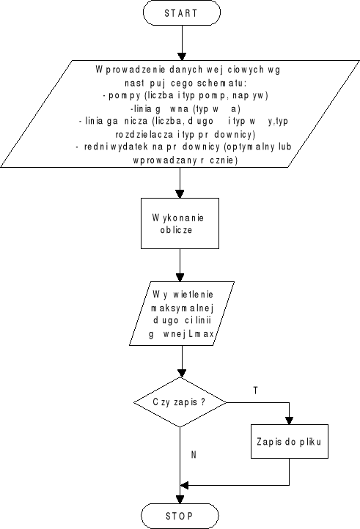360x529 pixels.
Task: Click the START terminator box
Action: click(x=180, y=13)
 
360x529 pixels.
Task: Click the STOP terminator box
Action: click(x=180, y=515)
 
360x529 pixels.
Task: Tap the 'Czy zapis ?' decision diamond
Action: click(x=180, y=402)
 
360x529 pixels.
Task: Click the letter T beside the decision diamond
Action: click(x=255, y=391)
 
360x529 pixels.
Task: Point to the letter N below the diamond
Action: click(x=194, y=455)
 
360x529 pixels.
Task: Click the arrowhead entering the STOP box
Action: click(x=180, y=498)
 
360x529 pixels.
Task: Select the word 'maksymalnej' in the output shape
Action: click(x=180, y=308)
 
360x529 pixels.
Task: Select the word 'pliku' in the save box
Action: click(x=309, y=443)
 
